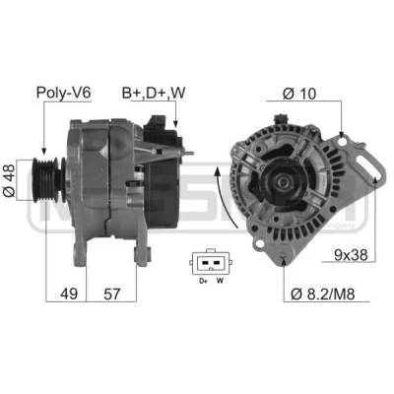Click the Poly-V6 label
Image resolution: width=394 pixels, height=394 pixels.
point(63,93)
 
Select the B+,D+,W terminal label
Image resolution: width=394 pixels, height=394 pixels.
point(154,93)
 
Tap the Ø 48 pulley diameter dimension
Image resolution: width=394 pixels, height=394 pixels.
point(9,180)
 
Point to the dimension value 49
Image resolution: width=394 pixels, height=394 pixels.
point(69,294)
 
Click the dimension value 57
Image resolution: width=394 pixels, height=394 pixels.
point(112,294)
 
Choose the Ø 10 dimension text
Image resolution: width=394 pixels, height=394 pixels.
point(298,94)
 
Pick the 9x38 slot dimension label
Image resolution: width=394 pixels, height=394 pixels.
point(351,254)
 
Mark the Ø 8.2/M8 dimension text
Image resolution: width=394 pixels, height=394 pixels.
point(323,294)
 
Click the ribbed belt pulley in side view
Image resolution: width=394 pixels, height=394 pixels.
point(46,180)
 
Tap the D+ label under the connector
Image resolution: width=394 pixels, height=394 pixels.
point(204,281)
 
